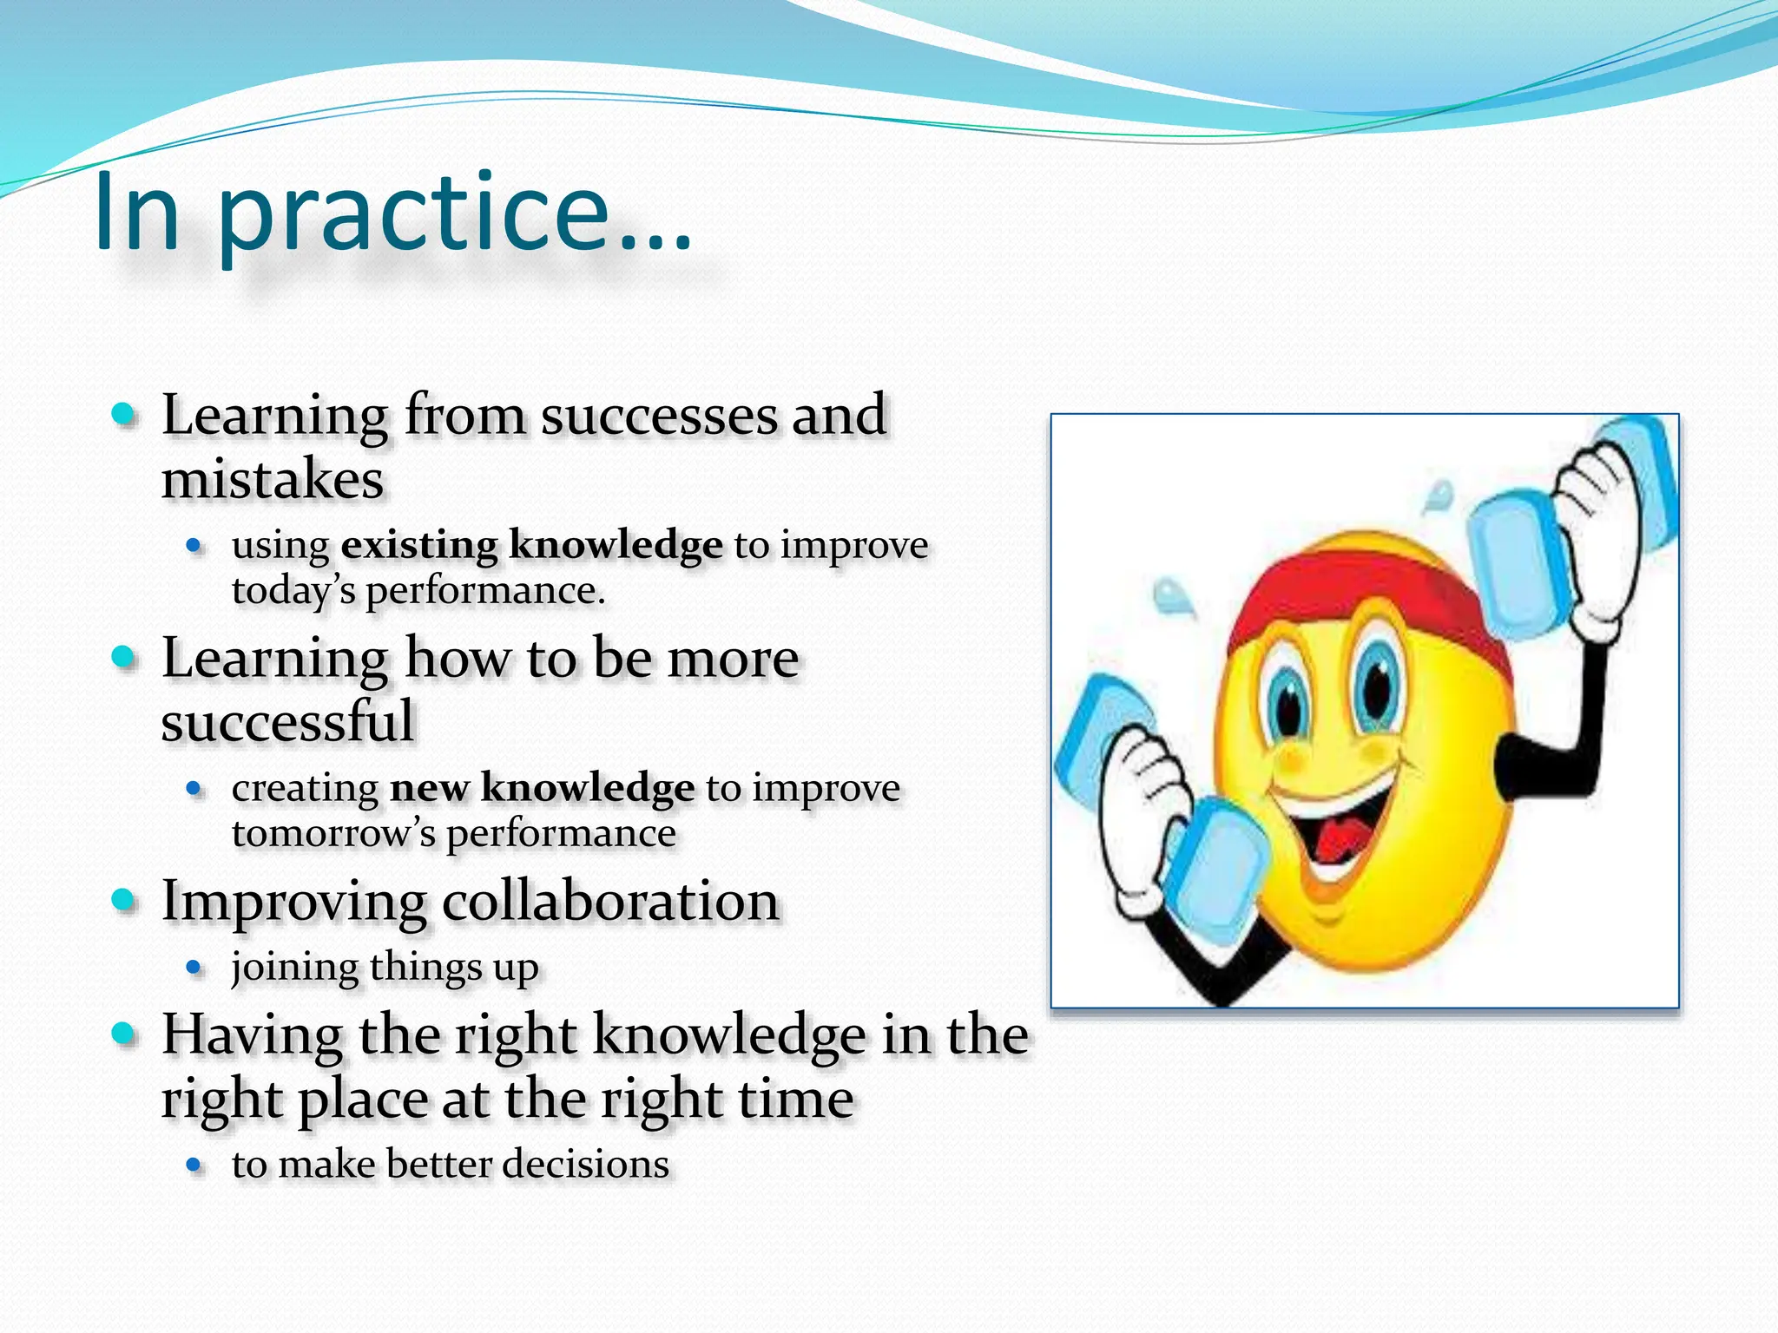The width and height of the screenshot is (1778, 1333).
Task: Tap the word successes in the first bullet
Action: pyautogui.click(x=659, y=416)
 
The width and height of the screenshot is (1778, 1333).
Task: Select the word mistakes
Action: pyautogui.click(x=273, y=480)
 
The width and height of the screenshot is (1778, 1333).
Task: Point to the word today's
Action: pyautogui.click(x=293, y=592)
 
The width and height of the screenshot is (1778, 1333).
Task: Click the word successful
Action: pyautogui.click(x=287, y=722)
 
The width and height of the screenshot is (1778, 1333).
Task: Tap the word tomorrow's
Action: pyautogui.click(x=333, y=835)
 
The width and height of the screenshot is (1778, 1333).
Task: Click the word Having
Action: pyautogui.click(x=253, y=1035)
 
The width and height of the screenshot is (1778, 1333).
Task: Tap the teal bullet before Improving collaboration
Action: pyautogui.click(x=124, y=900)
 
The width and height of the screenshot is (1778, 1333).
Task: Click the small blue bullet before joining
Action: pyautogui.click(x=194, y=968)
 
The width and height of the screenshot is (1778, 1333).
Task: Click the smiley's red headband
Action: pyautogui.click(x=1354, y=581)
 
